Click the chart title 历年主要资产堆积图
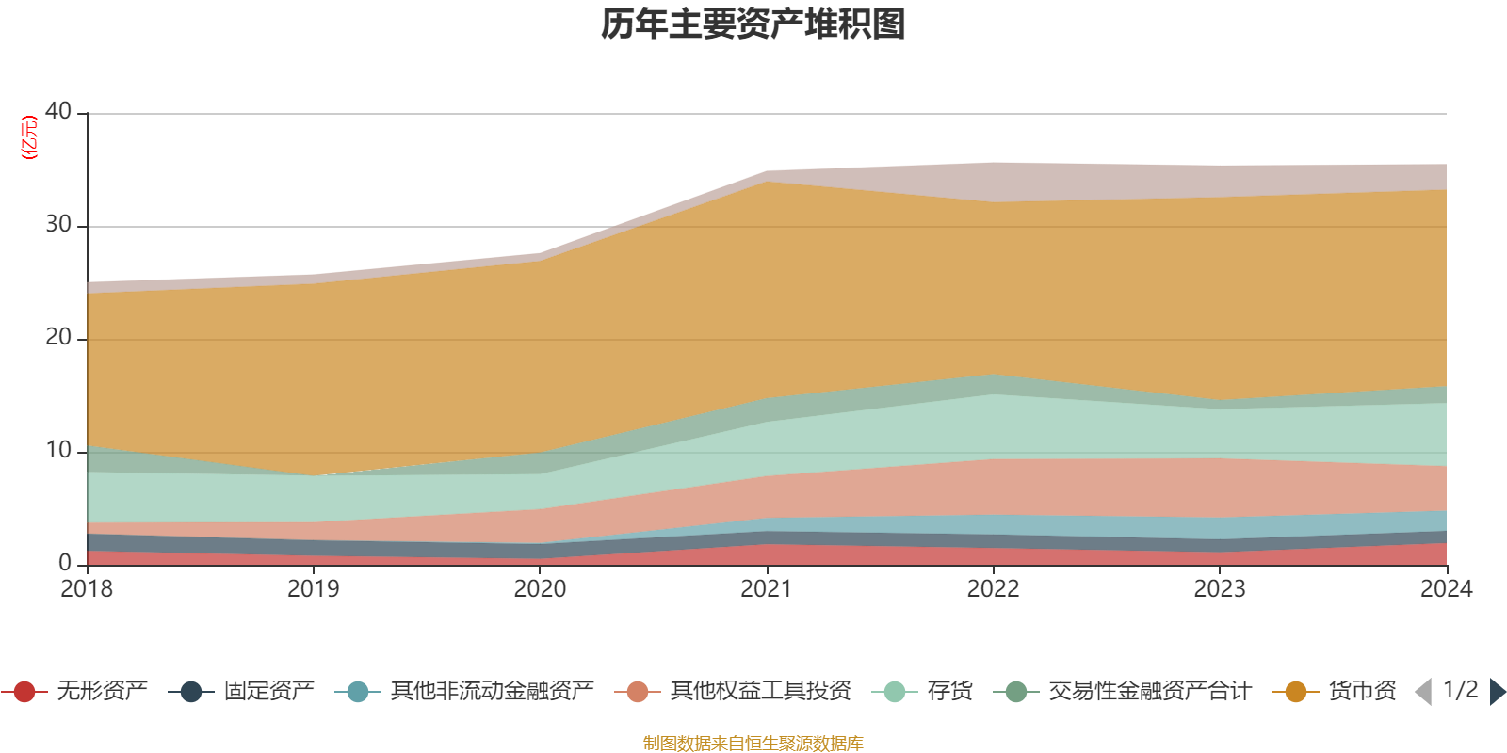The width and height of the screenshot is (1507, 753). point(753,24)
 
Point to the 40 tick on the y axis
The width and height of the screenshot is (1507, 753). point(58,111)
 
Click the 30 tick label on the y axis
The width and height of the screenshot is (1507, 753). point(58,224)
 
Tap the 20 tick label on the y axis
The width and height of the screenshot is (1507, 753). point(58,337)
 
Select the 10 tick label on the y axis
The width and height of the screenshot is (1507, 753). point(58,450)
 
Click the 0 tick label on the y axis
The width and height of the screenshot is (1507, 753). point(65,563)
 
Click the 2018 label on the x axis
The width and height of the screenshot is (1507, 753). point(87,589)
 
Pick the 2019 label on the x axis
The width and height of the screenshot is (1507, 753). point(313,589)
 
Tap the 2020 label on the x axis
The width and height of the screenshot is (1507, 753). point(540,589)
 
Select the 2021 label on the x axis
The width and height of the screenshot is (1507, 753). point(767,589)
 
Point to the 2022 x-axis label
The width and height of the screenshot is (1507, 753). point(993,589)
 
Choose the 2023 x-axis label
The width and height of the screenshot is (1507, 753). point(1220,589)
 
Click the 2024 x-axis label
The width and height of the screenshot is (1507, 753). point(1446,589)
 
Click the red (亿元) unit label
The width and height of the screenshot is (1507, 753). point(30,137)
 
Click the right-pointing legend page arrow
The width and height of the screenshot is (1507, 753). point(1497,692)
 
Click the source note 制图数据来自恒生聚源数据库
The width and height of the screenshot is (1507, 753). point(753,744)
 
